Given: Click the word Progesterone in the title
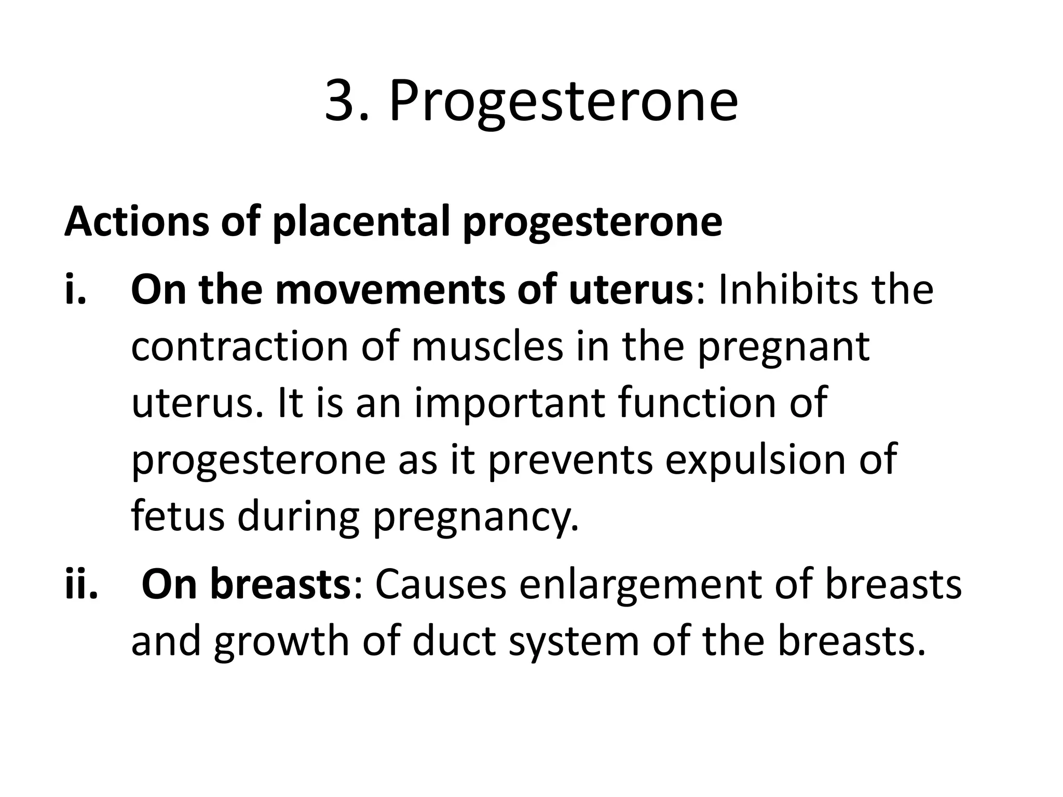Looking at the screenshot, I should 563,103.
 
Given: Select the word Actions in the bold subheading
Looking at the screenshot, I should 135,222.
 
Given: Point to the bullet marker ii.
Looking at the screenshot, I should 81,584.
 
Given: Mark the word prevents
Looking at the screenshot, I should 570,460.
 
